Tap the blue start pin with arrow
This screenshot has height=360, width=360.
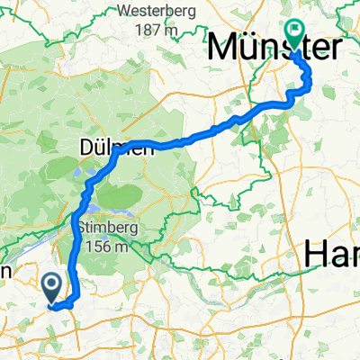pyautogui.click(x=53, y=286)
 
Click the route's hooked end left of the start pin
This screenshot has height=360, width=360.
pyautogui.click(x=50, y=306)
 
